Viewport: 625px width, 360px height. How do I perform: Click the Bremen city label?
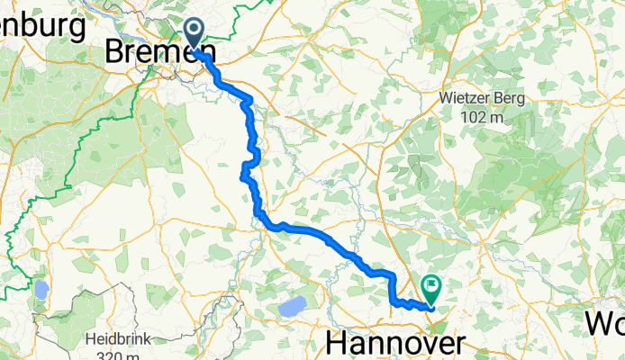[x=149, y=51]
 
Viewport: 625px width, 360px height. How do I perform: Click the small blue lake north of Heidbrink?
[x=40, y=290]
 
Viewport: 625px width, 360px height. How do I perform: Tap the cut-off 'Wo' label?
[x=605, y=322]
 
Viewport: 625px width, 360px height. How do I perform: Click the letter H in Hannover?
[x=336, y=343]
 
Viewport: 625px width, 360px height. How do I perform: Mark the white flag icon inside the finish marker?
[x=431, y=287]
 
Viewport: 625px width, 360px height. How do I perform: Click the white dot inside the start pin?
[x=195, y=32]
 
